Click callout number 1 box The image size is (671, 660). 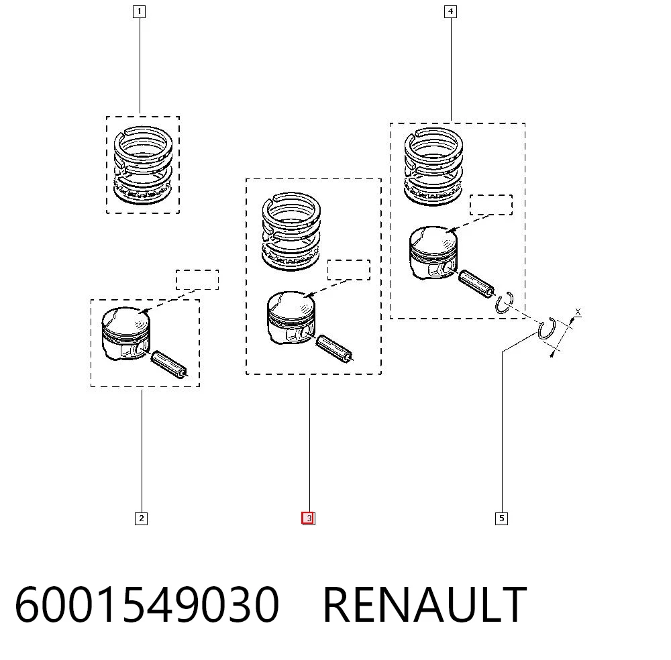pos(139,11)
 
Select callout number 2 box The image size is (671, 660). pos(141,518)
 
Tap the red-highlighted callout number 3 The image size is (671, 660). pos(308,518)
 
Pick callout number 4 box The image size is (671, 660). pos(450,11)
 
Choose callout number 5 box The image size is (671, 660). pos(501,518)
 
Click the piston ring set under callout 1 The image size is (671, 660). pos(143,165)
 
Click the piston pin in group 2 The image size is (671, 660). pos(170,364)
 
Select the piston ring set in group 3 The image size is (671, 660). pos(291,231)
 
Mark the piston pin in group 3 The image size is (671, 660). pos(335,347)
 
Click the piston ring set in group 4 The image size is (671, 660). pos(433,166)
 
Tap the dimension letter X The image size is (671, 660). pos(578,312)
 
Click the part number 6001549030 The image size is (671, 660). pos(147,605)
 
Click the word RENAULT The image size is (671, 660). pos(425,604)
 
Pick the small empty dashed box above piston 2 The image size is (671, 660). pos(197,280)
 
